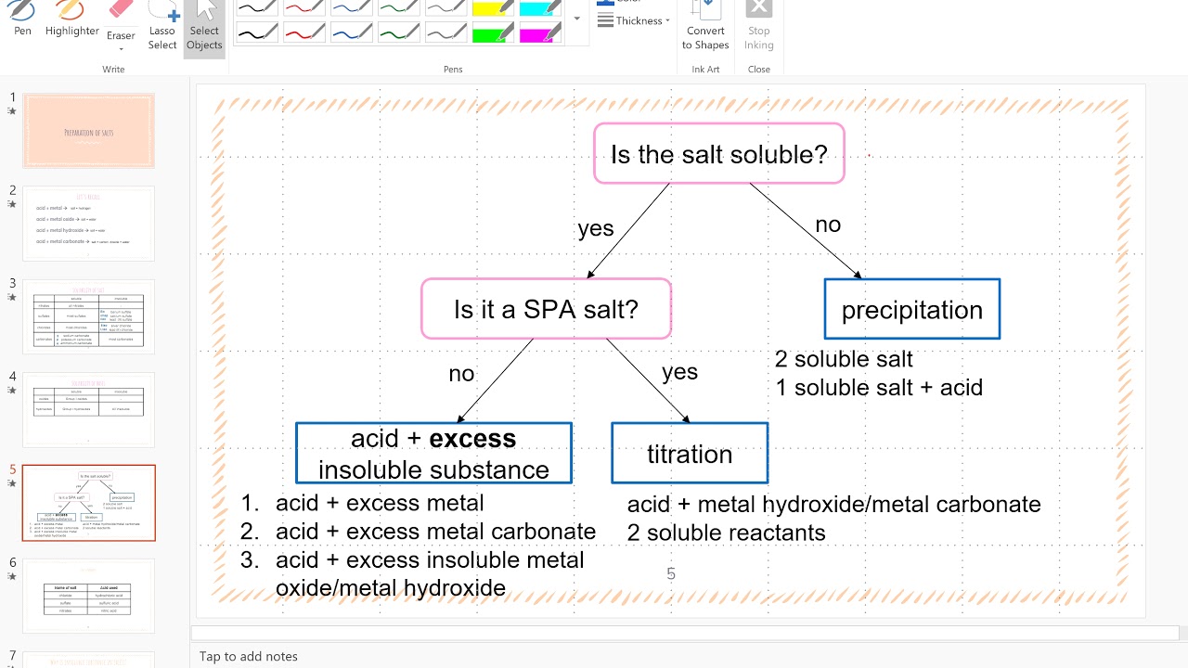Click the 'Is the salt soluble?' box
pos(718,154)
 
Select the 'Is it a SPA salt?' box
pos(546,309)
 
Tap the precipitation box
pos(911,310)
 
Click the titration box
pos(690,454)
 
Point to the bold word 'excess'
pos(472,438)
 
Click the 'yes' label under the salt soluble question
pos(596,228)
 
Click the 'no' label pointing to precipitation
pos(828,225)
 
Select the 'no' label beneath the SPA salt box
pos(461,374)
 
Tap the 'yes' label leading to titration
pos(679,372)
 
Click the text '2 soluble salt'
pos(844,359)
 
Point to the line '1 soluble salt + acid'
pos(879,387)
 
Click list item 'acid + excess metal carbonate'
pos(435,532)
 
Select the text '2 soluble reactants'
pos(726,533)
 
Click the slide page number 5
pos(671,574)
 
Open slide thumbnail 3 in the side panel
pos(89,316)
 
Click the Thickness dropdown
pos(634,20)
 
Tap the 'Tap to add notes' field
pos(249,656)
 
